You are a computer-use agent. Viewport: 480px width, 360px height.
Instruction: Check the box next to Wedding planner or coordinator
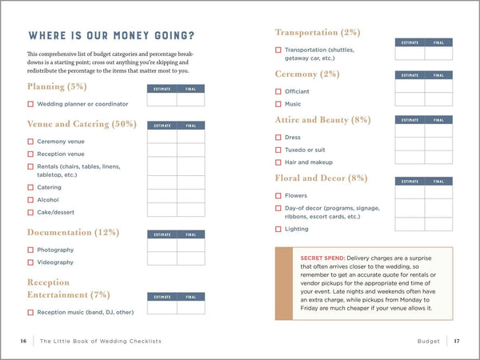point(30,104)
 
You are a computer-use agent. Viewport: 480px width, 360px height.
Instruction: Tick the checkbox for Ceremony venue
point(30,141)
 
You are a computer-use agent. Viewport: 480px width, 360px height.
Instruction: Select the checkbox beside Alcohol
point(30,200)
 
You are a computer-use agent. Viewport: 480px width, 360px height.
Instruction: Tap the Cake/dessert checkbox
point(30,212)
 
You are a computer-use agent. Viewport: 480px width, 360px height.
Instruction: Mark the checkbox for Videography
point(30,262)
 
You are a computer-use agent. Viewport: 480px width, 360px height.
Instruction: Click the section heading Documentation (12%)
point(73,233)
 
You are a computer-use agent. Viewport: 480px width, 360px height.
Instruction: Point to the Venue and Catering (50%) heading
point(82,124)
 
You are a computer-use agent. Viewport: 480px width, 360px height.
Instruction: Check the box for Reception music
point(30,312)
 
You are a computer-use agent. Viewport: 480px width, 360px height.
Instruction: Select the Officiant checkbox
point(278,91)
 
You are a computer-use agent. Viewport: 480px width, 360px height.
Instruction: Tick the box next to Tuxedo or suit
point(278,149)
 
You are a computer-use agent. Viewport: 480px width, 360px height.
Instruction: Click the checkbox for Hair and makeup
point(278,162)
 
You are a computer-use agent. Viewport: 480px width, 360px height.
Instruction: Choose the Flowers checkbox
point(278,195)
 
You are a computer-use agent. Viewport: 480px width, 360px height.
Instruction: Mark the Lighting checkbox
point(278,229)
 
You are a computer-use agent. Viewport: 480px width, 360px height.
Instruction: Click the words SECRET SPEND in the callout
point(322,258)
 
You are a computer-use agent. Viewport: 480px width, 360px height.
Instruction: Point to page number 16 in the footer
point(25,341)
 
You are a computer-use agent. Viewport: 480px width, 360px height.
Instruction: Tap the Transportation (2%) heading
point(318,33)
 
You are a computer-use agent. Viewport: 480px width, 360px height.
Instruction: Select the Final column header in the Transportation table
point(438,42)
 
